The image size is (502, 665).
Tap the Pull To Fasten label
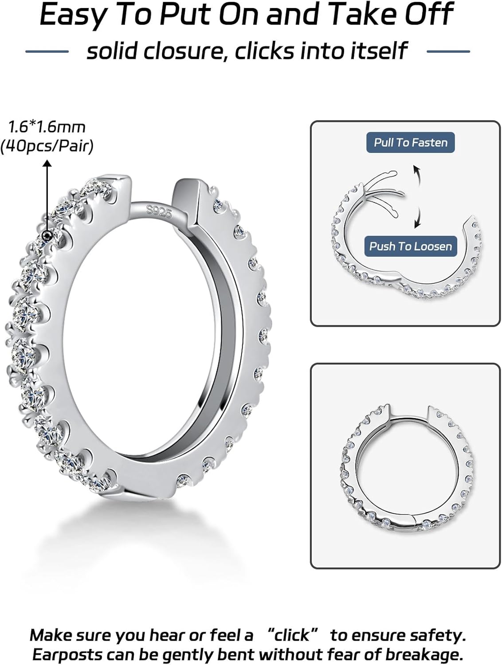410,143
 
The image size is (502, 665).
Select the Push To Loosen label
410,246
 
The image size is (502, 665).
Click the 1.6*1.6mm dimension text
47,127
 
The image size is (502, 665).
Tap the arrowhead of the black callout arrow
47,164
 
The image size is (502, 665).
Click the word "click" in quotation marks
291,635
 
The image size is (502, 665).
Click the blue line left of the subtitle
47,52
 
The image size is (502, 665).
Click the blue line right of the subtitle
448,52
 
